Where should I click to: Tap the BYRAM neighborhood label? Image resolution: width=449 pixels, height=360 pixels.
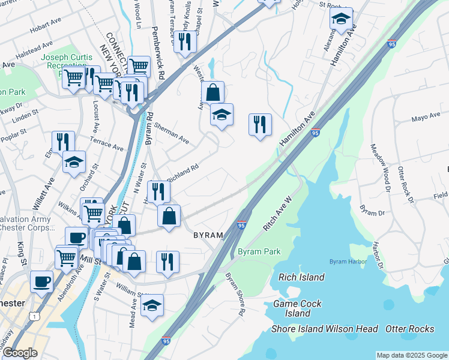208,236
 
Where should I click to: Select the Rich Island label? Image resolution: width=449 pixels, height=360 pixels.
301,277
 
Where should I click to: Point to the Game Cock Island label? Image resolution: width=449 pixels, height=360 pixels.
298,308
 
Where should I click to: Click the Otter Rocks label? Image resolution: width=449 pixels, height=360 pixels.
409,329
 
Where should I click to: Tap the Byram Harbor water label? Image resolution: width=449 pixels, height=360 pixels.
349,262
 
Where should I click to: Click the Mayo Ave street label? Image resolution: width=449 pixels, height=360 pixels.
426,118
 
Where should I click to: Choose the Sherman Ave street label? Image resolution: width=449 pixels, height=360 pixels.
171,134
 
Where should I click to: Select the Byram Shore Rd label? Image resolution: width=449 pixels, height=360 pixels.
235,294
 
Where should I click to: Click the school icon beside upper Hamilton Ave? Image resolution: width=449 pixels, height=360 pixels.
341,19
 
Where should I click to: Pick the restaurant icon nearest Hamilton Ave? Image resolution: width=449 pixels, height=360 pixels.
260,125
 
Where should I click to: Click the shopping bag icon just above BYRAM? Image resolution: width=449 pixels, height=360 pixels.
169,216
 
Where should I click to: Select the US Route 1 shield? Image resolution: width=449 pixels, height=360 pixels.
36,316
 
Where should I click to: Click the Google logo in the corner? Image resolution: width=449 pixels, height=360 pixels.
20,353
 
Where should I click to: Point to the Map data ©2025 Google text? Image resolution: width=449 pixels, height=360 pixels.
411,355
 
